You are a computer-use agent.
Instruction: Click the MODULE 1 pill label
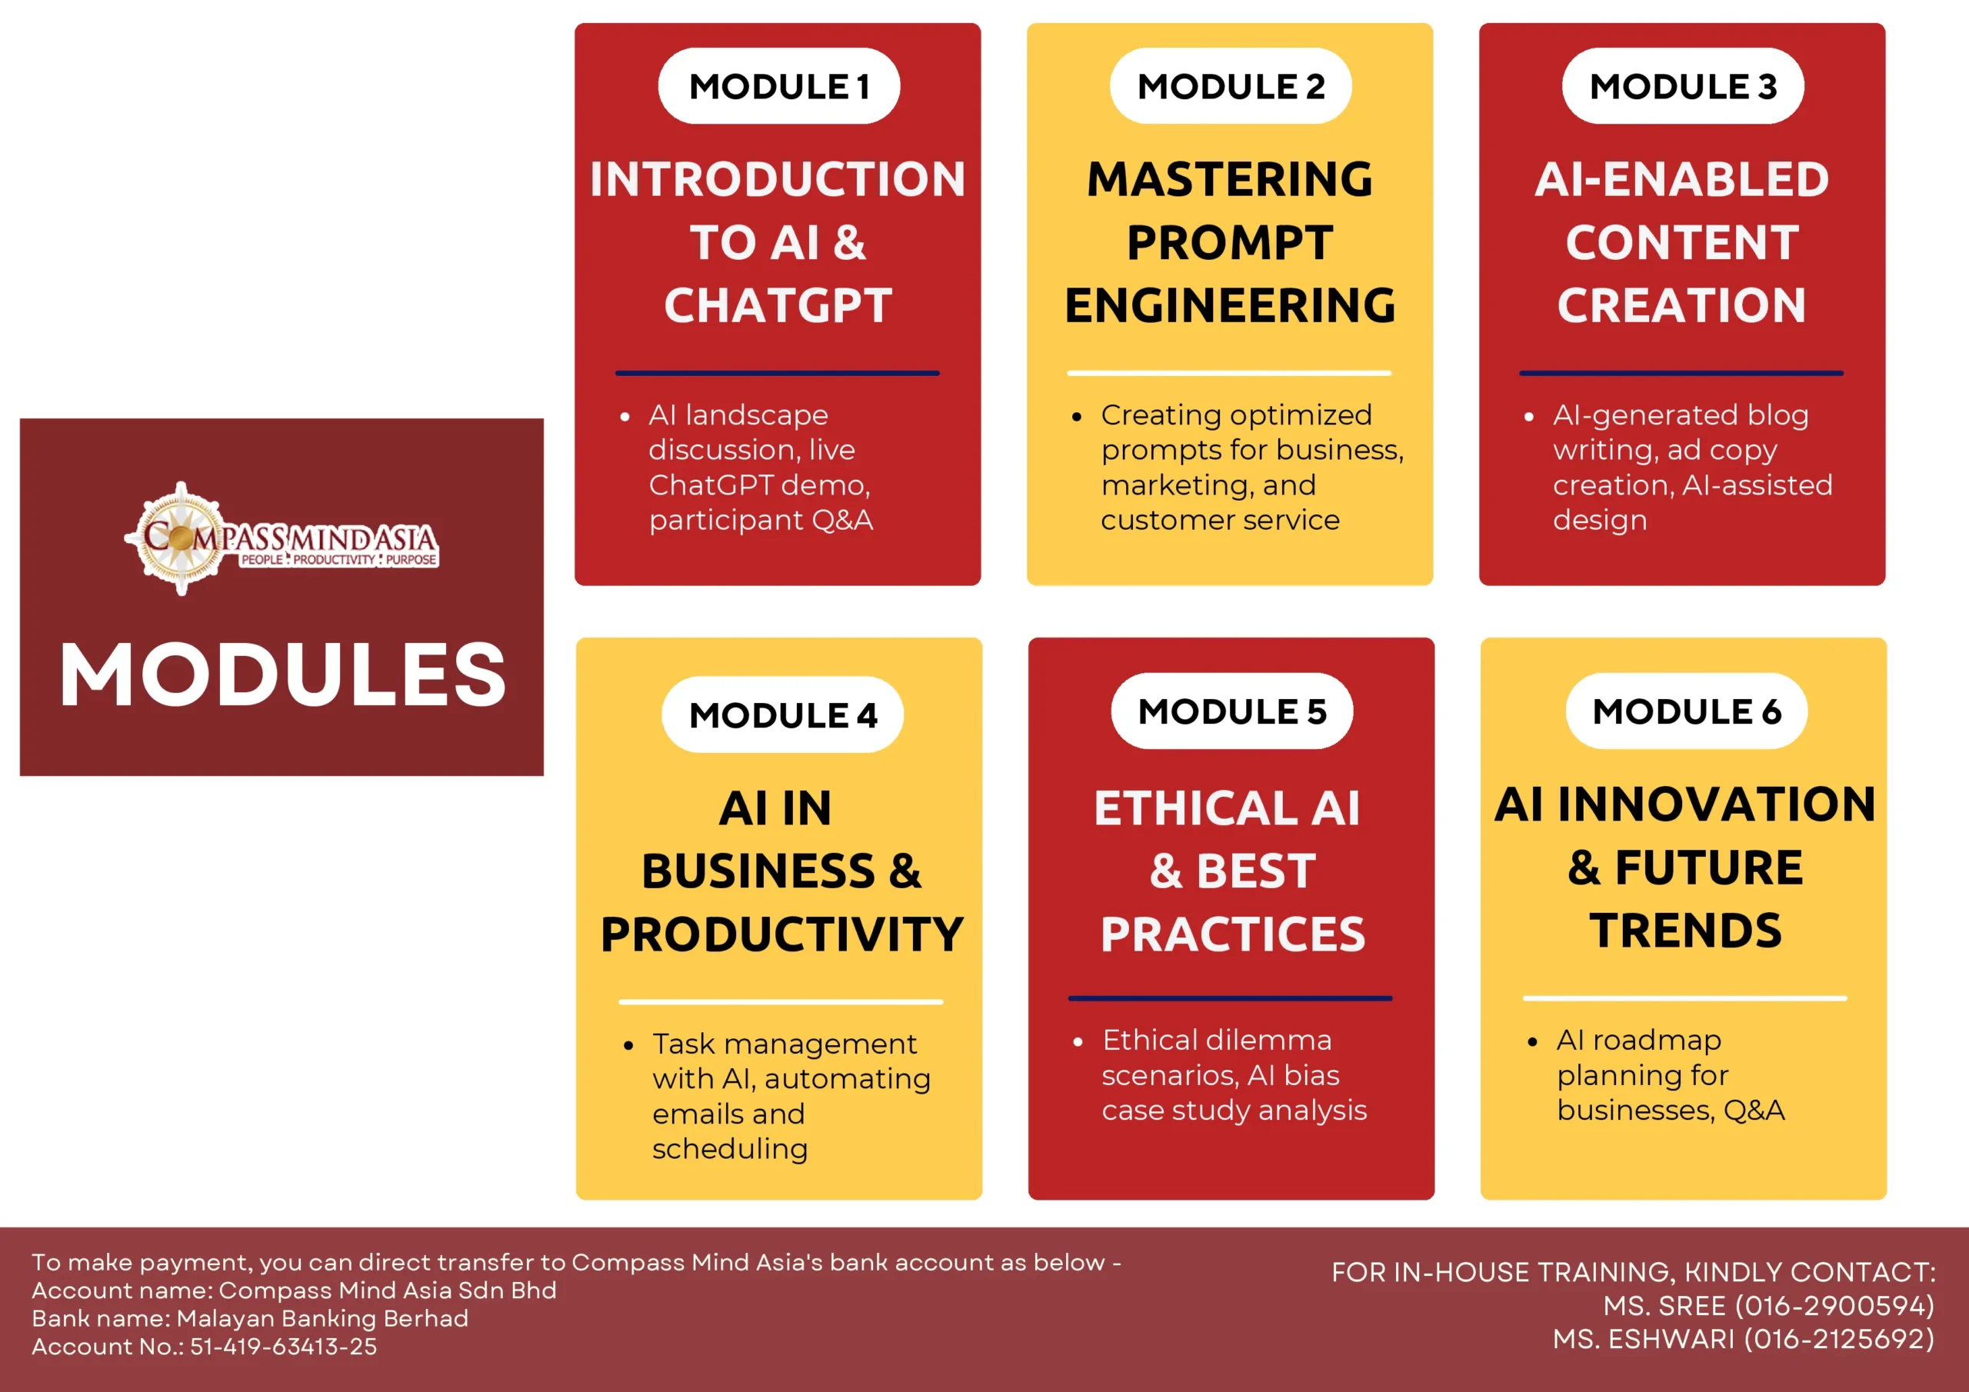[778, 86]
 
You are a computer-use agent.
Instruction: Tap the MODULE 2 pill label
[1231, 86]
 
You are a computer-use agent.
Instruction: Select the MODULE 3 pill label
[1683, 86]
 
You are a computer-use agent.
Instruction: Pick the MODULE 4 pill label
[782, 714]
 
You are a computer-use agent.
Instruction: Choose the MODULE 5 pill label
[1232, 711]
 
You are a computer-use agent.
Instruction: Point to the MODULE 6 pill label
[1687, 711]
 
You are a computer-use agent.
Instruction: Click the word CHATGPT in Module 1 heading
[778, 305]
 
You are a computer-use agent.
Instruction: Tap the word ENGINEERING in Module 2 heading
[1230, 305]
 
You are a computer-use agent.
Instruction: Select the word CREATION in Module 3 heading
[1681, 305]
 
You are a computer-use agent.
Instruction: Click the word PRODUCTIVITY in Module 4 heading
[782, 934]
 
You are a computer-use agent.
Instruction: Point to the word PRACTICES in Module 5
[1232, 934]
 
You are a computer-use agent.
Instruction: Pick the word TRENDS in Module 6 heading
[1685, 931]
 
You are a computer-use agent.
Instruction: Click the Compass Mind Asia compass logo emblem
[180, 538]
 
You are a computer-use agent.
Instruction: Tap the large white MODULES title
[282, 674]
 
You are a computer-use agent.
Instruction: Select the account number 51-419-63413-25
[283, 1347]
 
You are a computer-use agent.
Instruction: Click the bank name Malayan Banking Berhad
[322, 1318]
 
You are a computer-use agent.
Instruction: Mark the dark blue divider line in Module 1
[777, 373]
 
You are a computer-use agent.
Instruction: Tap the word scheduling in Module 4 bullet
[730, 1149]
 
